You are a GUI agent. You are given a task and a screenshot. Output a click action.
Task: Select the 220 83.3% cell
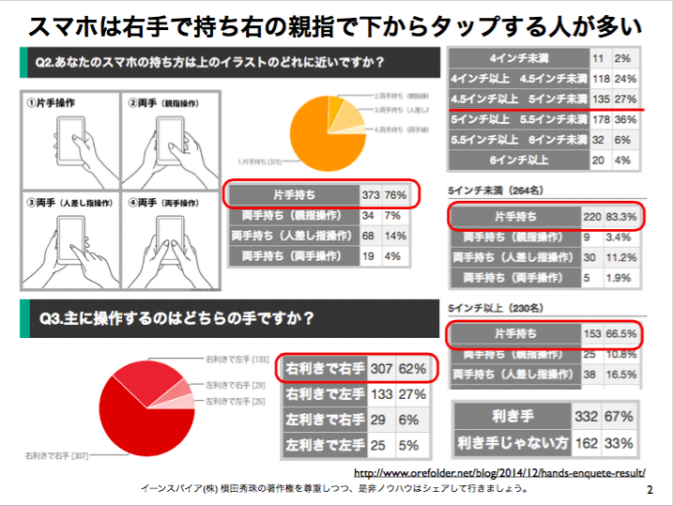[610, 217]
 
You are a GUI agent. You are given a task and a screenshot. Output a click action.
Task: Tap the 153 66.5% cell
[610, 333]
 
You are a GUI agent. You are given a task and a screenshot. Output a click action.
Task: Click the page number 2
[650, 490]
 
